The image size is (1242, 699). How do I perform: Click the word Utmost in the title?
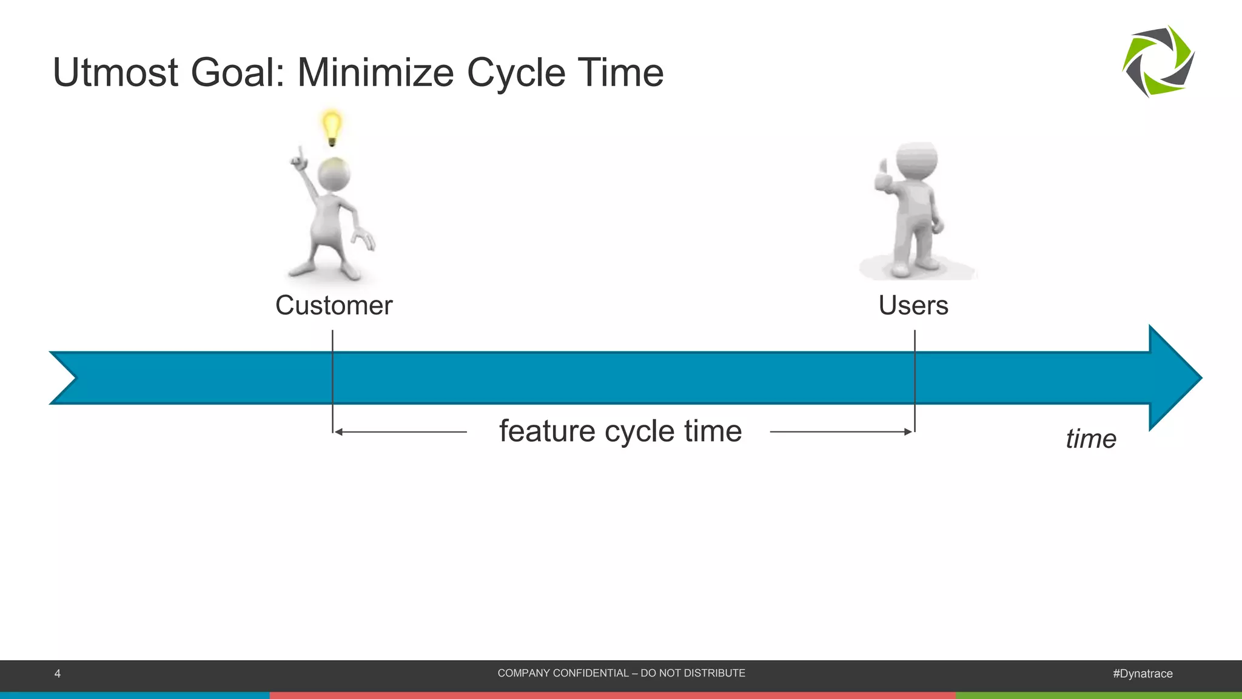tap(116, 73)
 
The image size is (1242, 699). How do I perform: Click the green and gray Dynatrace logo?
tap(1158, 61)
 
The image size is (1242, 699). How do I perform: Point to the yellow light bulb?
tap(331, 126)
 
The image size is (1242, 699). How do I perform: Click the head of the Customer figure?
tap(334, 175)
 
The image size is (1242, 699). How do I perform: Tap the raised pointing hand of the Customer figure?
tap(299, 159)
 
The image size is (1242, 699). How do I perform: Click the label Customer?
tap(334, 305)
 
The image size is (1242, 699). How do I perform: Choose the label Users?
tap(913, 305)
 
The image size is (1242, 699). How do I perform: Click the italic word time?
tap(1090, 439)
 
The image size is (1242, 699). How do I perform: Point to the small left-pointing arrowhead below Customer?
tap(338, 432)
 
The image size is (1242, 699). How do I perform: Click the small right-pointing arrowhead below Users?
tap(908, 432)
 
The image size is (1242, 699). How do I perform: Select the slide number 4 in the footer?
tap(58, 674)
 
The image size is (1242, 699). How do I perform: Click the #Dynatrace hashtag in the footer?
tap(1143, 674)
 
